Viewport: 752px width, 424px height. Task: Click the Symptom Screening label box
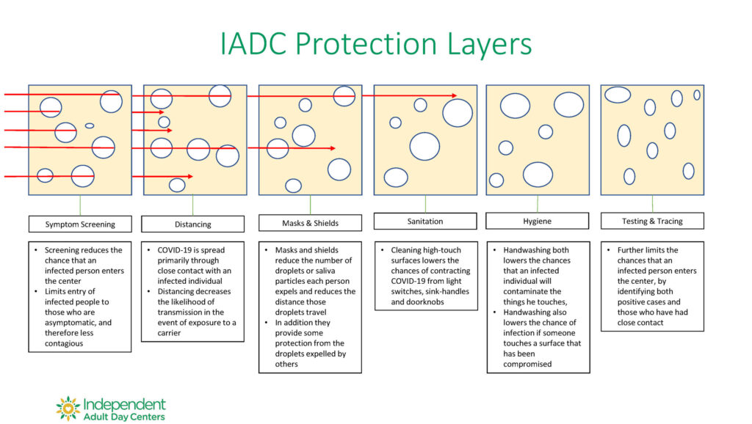(x=80, y=224)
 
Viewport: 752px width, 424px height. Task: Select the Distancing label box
(x=193, y=224)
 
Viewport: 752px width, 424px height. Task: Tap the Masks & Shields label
(x=311, y=223)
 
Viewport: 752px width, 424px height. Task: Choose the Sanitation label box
(x=425, y=221)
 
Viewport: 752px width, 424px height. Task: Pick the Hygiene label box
(x=537, y=221)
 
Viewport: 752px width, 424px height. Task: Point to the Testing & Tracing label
(x=652, y=221)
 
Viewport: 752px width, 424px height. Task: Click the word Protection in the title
(x=366, y=44)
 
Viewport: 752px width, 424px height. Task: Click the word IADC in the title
(x=253, y=44)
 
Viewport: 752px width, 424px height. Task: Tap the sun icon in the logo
(x=68, y=408)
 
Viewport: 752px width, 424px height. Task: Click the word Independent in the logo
(x=124, y=405)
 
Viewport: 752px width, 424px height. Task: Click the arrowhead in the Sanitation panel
(x=454, y=95)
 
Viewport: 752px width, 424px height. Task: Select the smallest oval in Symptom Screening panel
(x=90, y=126)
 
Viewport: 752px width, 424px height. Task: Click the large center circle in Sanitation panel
(x=424, y=146)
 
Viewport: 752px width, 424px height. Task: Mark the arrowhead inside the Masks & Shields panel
(x=333, y=148)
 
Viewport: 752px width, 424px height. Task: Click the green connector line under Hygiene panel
(x=537, y=204)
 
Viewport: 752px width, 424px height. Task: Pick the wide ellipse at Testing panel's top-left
(x=618, y=95)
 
